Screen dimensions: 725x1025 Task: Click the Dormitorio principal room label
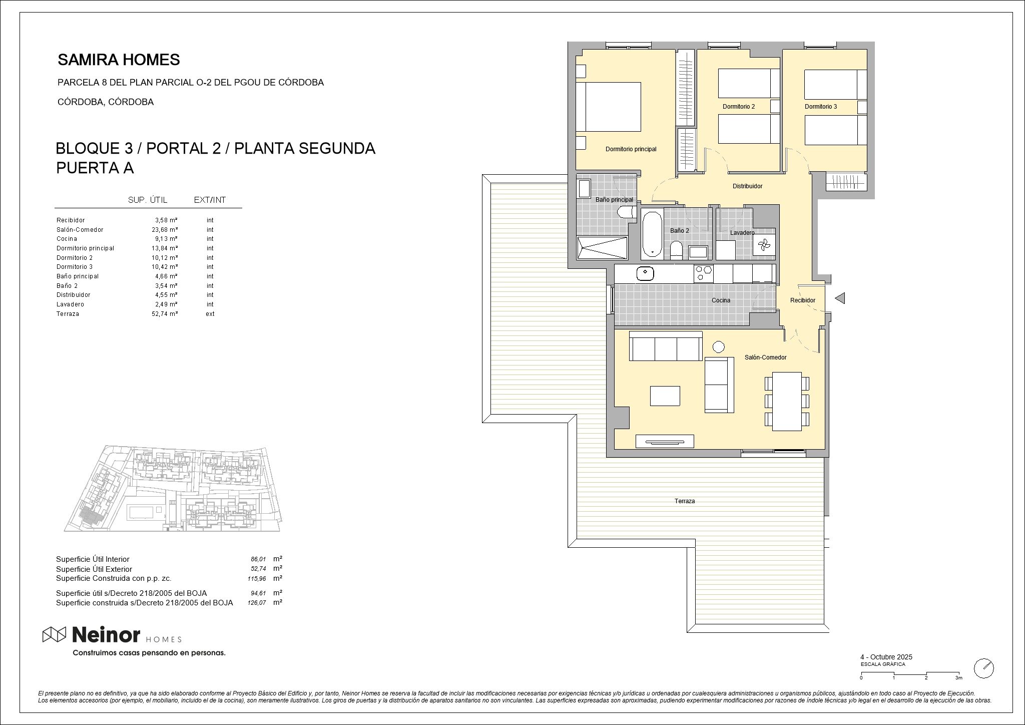[x=631, y=149]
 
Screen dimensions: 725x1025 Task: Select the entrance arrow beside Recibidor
[x=840, y=298]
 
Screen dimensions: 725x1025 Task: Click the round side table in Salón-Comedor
[x=719, y=346]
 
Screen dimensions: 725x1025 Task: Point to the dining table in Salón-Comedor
[x=787, y=401]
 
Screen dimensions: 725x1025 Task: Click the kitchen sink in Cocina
[x=645, y=274]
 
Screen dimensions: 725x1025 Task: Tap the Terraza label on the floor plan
[x=684, y=501]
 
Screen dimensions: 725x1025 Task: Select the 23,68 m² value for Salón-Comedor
[x=165, y=230]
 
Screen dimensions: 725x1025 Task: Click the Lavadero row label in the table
[x=70, y=304]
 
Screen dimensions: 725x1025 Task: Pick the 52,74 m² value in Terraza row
[x=165, y=314]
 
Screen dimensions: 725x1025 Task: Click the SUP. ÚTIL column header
[x=148, y=200]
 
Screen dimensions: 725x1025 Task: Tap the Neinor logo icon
[x=54, y=634]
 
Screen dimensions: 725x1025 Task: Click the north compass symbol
[x=983, y=668]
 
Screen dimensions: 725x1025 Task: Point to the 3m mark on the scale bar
[x=958, y=678]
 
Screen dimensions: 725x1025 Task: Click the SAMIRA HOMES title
[x=119, y=60]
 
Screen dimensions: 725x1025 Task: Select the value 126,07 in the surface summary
[x=256, y=603]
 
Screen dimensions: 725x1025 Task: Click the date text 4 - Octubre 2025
[x=886, y=657]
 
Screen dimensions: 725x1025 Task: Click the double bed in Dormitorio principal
[x=609, y=107]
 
